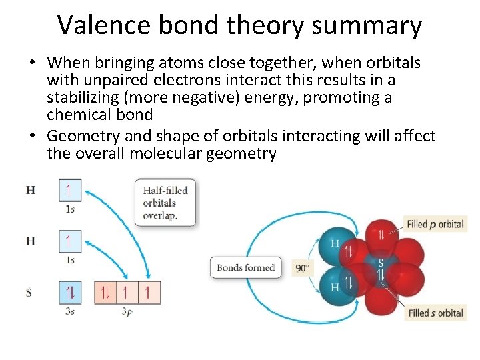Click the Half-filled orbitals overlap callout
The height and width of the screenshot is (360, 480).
(165, 202)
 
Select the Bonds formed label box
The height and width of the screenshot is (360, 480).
(245, 268)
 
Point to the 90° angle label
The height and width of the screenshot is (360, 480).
(303, 268)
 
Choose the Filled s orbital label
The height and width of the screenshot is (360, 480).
(436, 313)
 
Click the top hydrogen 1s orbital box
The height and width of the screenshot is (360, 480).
(70, 190)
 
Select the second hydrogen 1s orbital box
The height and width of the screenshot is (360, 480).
(70, 240)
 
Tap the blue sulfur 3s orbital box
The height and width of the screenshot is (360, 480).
(70, 292)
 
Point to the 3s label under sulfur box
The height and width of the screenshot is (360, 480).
(70, 311)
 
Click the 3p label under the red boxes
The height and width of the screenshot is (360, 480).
(127, 311)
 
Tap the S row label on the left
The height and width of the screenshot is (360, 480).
(30, 292)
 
